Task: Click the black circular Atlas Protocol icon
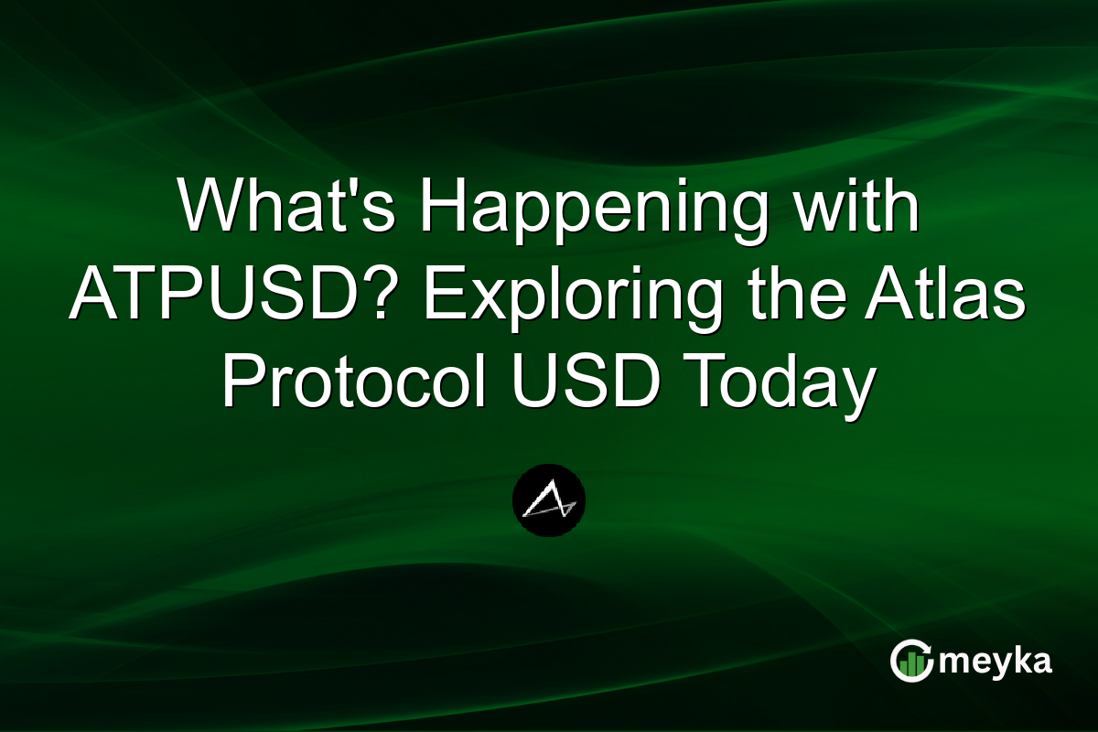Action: point(549,501)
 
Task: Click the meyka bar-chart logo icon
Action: point(911,662)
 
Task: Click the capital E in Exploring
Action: point(444,295)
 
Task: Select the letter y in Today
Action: point(850,389)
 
